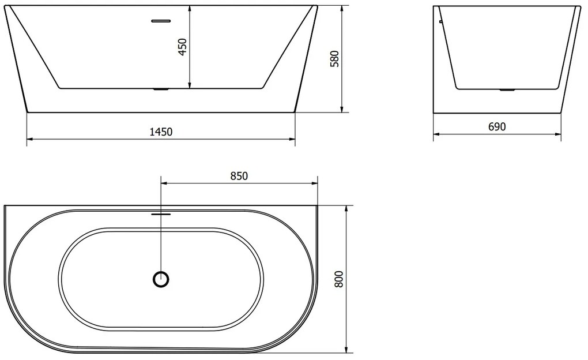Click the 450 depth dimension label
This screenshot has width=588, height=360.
[x=183, y=47]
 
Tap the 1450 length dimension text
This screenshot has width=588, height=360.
[x=161, y=132]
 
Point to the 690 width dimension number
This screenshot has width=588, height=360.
[x=497, y=127]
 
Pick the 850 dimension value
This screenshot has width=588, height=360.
[x=239, y=176]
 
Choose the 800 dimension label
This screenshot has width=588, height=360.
[x=338, y=279]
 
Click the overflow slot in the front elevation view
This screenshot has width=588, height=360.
[x=161, y=21]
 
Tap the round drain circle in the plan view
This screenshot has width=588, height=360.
[x=162, y=279]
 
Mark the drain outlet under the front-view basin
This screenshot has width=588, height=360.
[x=161, y=90]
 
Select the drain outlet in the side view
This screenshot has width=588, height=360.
[x=507, y=90]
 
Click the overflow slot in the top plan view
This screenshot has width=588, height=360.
[x=161, y=213]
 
